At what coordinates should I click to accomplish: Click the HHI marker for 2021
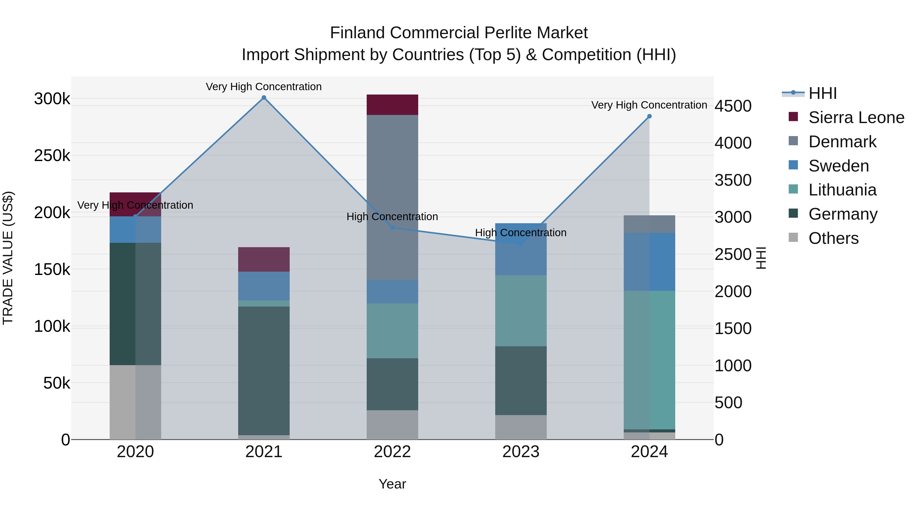264,98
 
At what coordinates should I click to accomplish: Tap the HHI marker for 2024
649,116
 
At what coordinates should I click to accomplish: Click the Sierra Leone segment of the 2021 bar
264,259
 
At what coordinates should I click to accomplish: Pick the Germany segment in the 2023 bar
521,380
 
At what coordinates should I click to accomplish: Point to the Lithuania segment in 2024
649,360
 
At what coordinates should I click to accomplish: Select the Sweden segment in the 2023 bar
521,249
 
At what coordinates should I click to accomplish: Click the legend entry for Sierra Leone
856,117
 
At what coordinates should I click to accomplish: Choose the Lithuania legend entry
842,190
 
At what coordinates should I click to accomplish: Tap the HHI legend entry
822,93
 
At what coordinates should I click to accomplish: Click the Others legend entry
833,238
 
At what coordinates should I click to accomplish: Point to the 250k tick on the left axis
52,156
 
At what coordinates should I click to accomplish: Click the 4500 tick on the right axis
733,106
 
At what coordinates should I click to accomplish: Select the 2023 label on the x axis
521,452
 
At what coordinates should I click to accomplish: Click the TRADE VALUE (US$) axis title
8,258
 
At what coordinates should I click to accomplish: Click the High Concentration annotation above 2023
521,233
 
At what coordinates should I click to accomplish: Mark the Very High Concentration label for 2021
264,87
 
